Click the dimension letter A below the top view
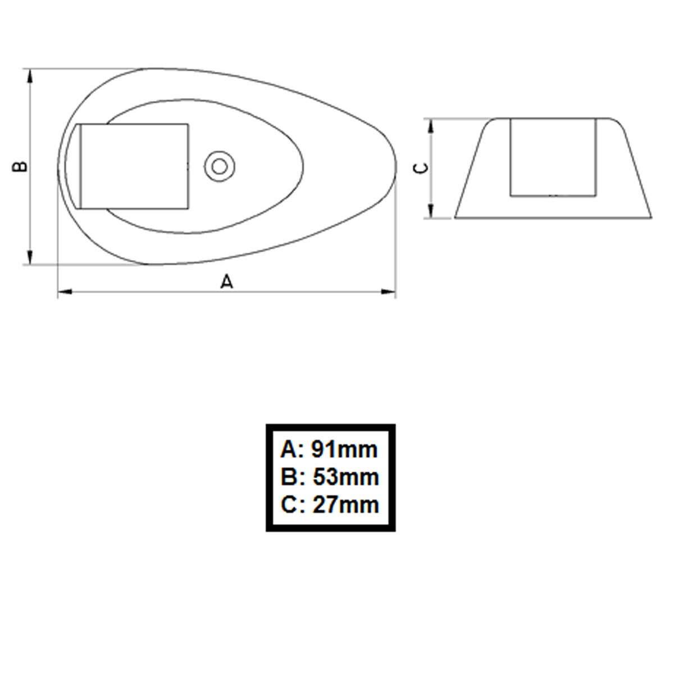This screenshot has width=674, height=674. tap(227, 281)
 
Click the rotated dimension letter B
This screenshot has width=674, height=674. tap(20, 166)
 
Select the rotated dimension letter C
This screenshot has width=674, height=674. tap(421, 168)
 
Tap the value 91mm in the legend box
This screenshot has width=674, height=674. tap(344, 449)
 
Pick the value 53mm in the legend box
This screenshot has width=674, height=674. tap(345, 477)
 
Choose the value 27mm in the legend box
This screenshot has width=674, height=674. tap(345, 505)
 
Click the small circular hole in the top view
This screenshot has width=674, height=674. tap(220, 166)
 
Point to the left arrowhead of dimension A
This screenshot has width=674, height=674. tap(65, 292)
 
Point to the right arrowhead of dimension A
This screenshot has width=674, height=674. tap(388, 292)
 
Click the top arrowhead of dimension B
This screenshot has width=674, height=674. tap(30, 76)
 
